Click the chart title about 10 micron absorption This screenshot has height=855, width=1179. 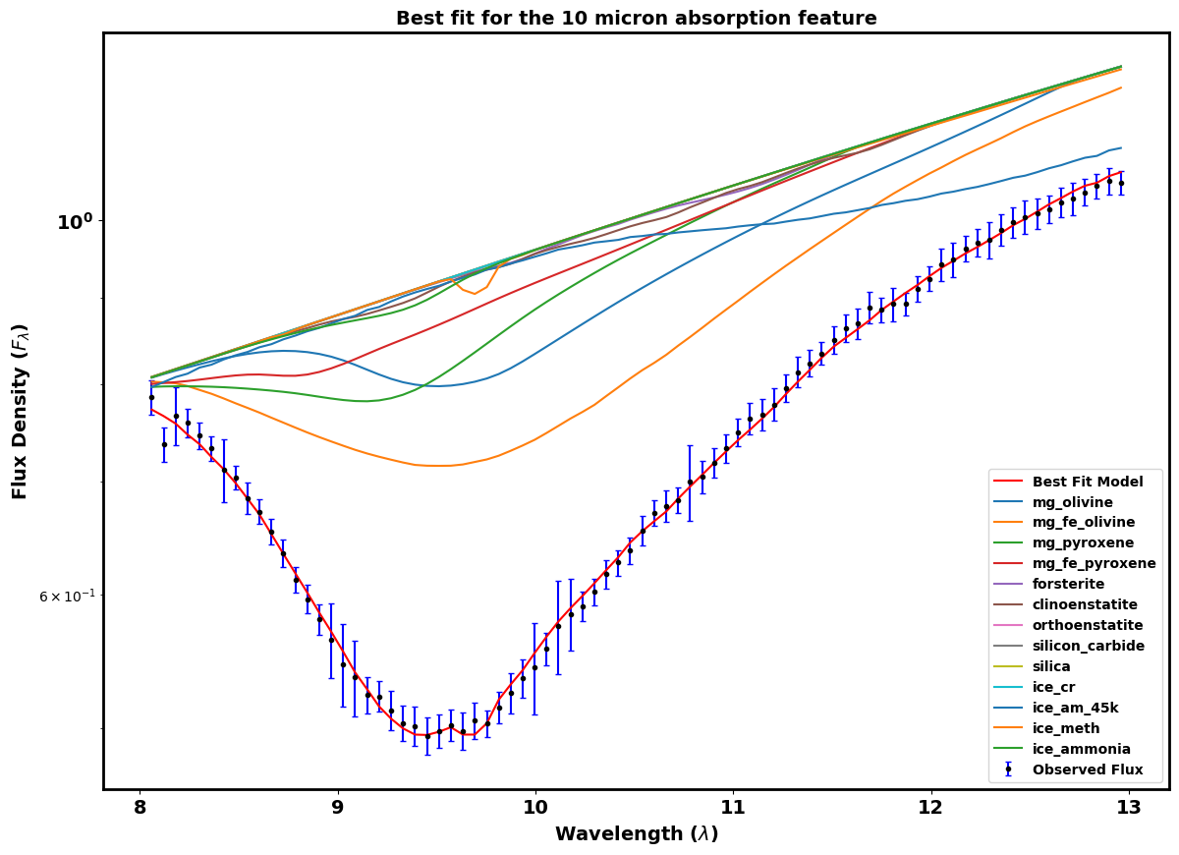coord(636,19)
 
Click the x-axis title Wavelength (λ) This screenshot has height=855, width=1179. coord(636,834)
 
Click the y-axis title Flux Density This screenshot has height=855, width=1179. coord(21,411)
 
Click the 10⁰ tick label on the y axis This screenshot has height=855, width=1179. coord(74,222)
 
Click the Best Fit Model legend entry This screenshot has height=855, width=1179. coord(1087,482)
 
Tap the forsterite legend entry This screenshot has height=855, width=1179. coord(1070,584)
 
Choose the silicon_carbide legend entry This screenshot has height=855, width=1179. coord(1088,646)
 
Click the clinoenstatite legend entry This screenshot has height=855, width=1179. coord(1085,604)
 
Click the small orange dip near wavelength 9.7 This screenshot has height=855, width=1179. coord(475,293)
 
